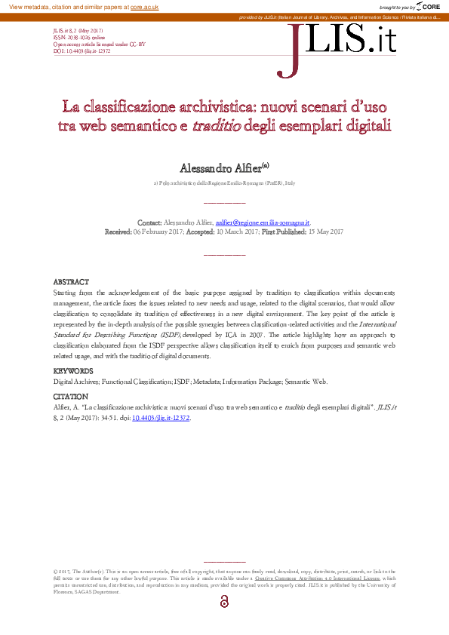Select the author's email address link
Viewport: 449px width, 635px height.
(x=262, y=223)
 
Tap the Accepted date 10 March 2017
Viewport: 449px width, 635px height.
(x=237, y=232)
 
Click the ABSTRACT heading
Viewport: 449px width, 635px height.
(x=71, y=281)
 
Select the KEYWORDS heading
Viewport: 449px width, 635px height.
(x=73, y=371)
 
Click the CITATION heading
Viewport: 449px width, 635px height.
(x=71, y=396)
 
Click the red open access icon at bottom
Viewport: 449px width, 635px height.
(x=224, y=601)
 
